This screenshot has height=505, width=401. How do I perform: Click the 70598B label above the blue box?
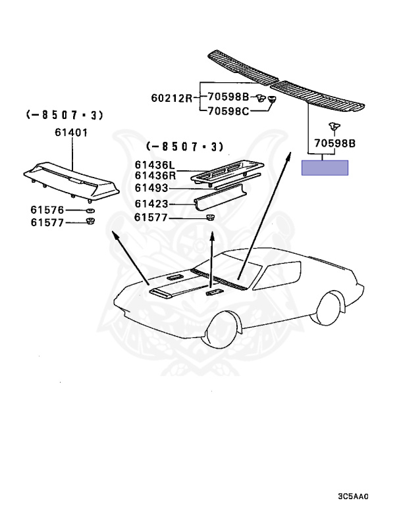[334, 142]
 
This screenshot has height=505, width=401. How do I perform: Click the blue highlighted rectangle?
[325, 167]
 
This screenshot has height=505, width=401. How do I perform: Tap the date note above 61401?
[65, 115]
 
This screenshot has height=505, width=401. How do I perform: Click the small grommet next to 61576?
[90, 210]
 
